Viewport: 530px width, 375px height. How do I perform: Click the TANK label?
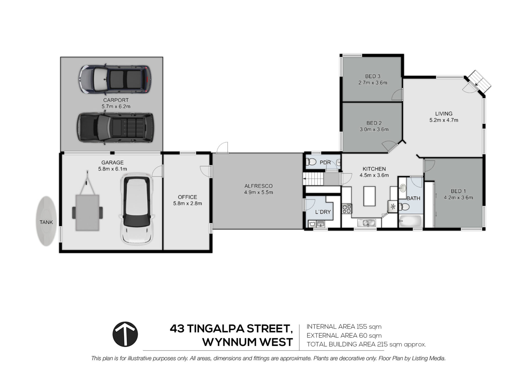(46, 222)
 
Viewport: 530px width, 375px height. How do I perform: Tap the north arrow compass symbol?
(125, 334)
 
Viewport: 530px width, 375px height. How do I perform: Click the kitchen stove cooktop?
(347, 208)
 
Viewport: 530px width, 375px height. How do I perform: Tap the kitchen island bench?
(369, 196)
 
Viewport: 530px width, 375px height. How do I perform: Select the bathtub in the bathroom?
(410, 221)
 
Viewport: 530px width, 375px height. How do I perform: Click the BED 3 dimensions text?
(373, 83)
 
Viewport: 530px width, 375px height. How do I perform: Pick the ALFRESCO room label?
(258, 186)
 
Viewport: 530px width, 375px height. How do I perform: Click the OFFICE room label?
(187, 197)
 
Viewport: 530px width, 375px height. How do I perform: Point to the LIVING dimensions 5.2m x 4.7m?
(444, 120)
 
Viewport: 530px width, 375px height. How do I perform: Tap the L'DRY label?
(323, 212)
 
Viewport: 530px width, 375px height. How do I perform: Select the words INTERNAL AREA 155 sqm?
(344, 327)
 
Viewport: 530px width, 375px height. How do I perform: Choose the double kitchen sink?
(366, 223)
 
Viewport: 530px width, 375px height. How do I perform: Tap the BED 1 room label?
(458, 191)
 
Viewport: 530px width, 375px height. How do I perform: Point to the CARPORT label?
(116, 100)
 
